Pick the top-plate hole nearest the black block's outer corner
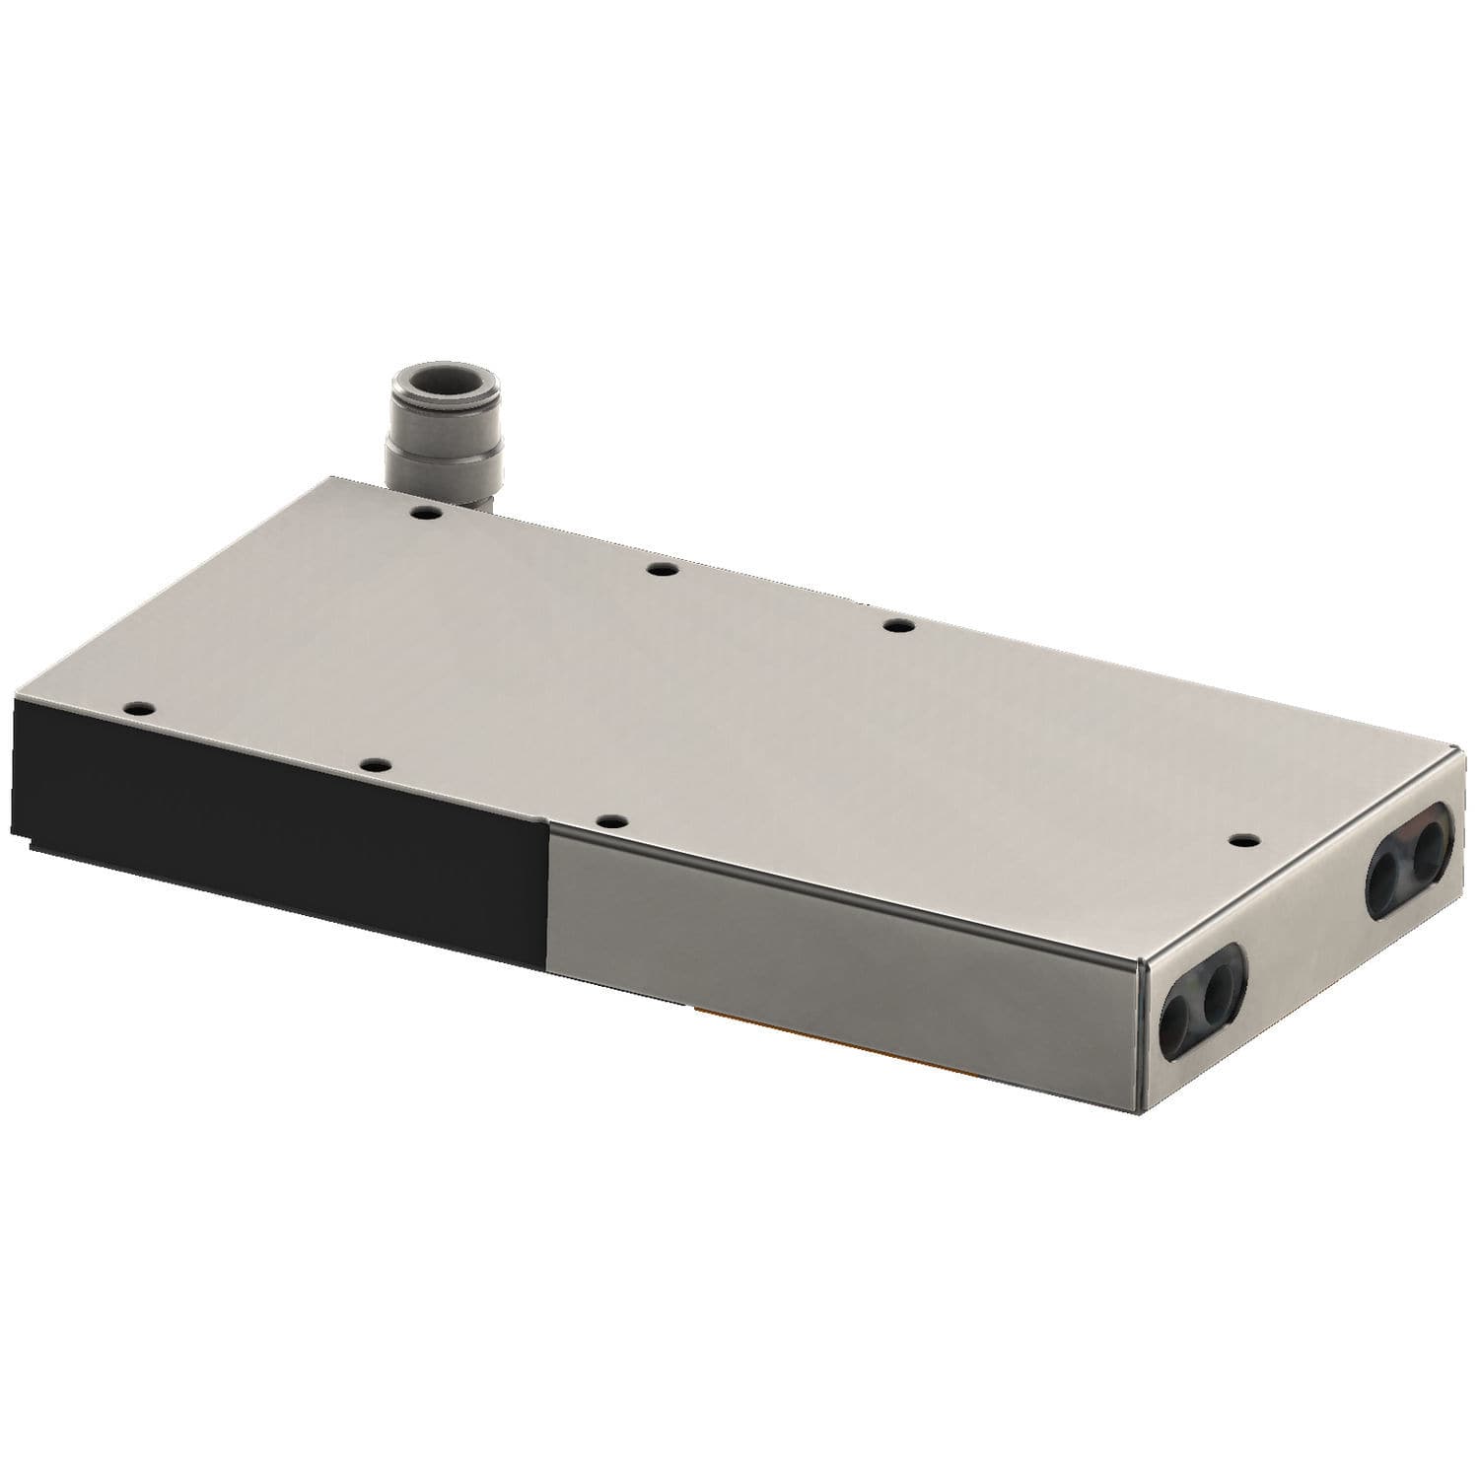coord(135,707)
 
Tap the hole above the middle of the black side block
coord(372,763)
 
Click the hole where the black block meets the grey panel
coord(612,820)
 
